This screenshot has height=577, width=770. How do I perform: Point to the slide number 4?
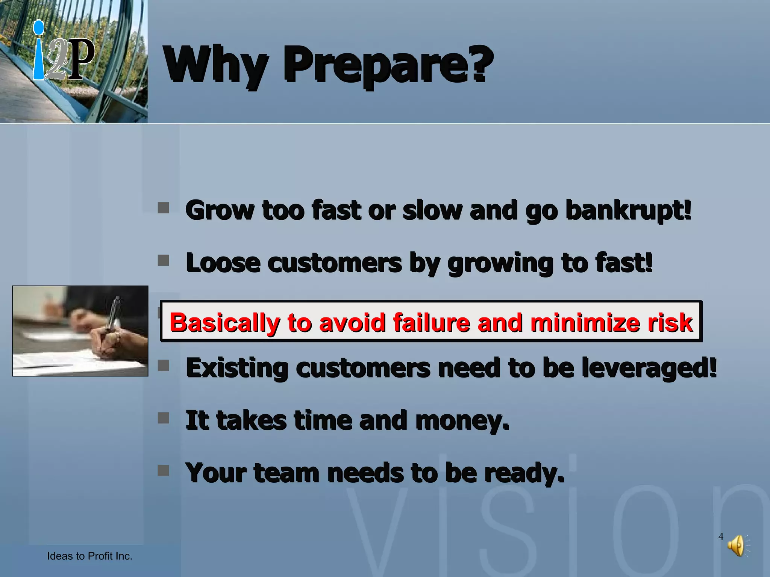[x=721, y=536]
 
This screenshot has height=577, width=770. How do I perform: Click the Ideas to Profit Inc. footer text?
[x=89, y=556]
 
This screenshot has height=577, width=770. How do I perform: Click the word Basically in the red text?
[x=224, y=322]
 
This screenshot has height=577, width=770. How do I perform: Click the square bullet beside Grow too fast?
[x=163, y=208]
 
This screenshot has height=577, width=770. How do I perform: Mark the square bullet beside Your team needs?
[x=163, y=470]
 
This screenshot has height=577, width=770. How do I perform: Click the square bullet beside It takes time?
[x=163, y=418]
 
